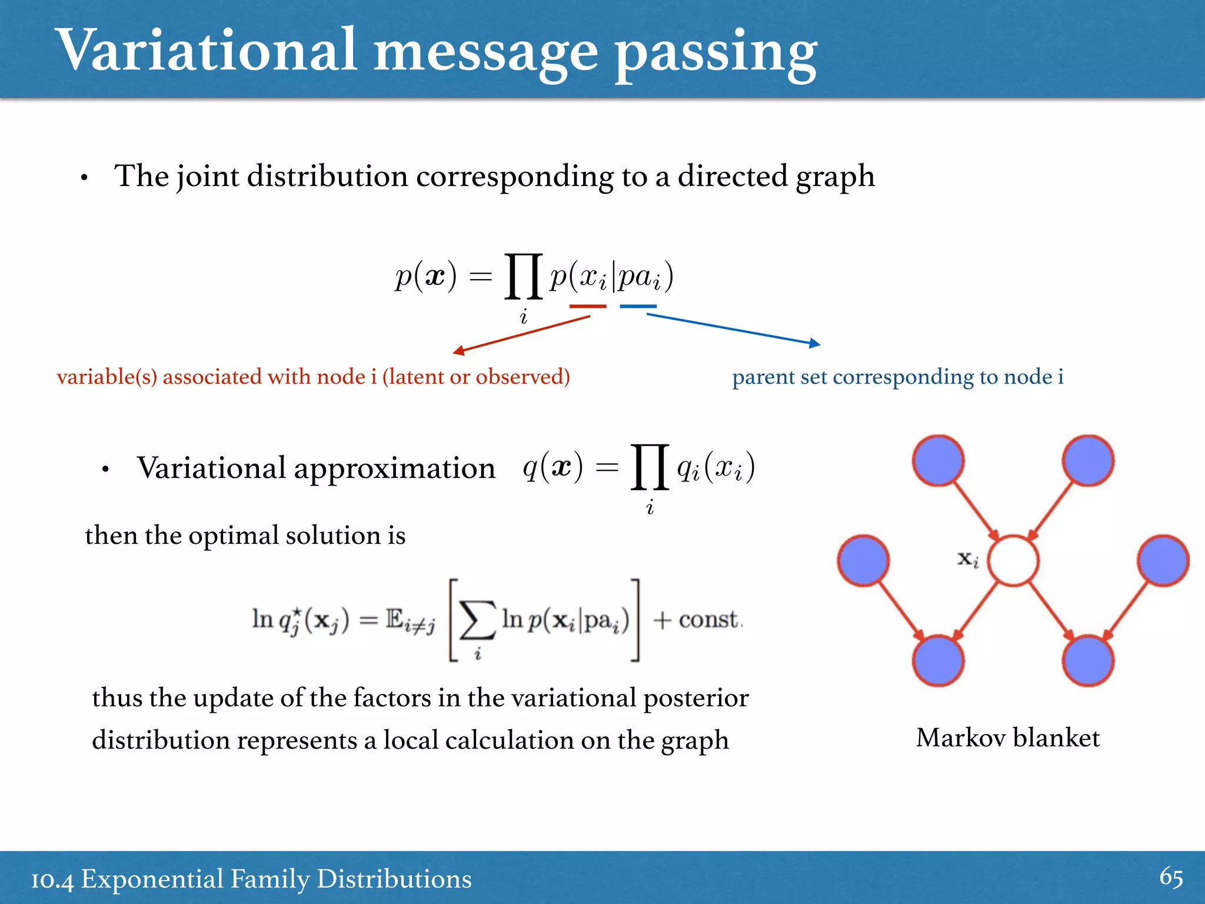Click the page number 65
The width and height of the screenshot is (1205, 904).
click(x=1170, y=878)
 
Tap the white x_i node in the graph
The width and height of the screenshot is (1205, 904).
click(x=1013, y=561)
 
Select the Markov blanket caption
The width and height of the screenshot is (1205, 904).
click(x=1007, y=738)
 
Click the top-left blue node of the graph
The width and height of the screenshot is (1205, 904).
click(x=938, y=461)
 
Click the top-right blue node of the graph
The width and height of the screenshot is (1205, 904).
click(x=1088, y=461)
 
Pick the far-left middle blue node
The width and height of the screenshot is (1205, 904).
click(x=863, y=561)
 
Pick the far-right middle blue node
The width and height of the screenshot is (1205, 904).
click(x=1163, y=561)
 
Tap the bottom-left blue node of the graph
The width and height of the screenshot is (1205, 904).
click(x=938, y=661)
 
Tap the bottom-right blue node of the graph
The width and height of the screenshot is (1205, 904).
click(x=1088, y=661)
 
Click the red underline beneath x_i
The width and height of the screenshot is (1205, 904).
click(x=587, y=306)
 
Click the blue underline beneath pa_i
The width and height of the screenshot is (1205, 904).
click(x=638, y=306)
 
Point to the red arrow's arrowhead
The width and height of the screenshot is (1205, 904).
click(x=458, y=352)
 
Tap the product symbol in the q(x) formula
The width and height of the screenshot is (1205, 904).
click(x=650, y=467)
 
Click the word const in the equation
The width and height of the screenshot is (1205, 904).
click(x=708, y=619)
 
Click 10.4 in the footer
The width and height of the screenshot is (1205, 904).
click(x=52, y=880)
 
